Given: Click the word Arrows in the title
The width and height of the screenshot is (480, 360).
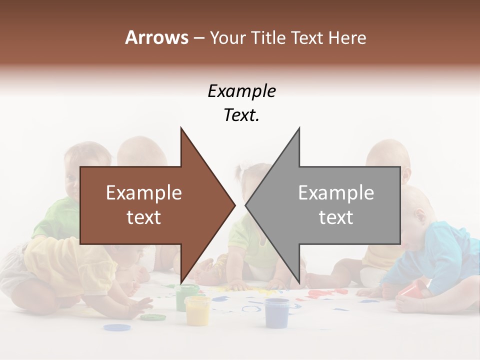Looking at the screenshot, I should [x=156, y=37].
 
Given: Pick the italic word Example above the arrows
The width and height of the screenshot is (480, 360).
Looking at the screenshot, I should [x=241, y=91].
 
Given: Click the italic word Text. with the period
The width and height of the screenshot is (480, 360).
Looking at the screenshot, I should [x=241, y=115].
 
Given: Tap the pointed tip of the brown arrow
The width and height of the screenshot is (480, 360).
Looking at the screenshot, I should [x=234, y=204].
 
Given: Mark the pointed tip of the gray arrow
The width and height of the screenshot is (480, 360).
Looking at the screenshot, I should [x=246, y=204].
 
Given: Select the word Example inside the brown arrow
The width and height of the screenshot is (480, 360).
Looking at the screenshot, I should [x=144, y=193].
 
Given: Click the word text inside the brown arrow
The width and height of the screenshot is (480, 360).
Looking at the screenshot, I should [x=144, y=217].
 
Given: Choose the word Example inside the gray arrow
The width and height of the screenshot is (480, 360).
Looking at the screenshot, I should [x=336, y=193].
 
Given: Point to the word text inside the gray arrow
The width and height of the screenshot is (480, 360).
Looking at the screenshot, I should [x=336, y=217].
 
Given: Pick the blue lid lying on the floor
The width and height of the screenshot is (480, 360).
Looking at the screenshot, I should [x=116, y=327].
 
